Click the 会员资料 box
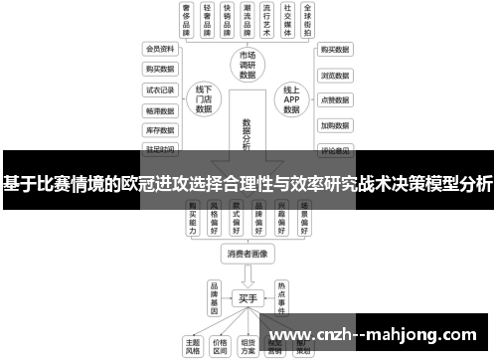[x=160, y=48]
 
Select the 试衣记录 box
[x=160, y=89]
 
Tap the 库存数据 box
[x=160, y=129]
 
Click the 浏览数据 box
[x=334, y=75]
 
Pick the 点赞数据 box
[x=334, y=100]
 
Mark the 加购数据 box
[x=334, y=126]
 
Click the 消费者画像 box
[x=247, y=254]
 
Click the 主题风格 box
[x=193, y=344]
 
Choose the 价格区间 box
[x=221, y=344]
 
